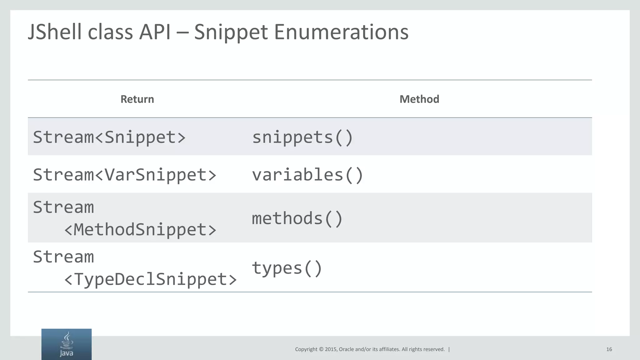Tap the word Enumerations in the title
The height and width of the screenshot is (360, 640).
coord(341,32)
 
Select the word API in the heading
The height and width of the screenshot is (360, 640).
coord(155,32)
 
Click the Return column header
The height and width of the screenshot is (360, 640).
coord(137,99)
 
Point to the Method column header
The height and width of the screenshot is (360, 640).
coord(419,99)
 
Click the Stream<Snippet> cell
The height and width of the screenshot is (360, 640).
coord(109,137)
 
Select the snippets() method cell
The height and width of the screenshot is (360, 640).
coord(302,137)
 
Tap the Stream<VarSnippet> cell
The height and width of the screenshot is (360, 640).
coord(125,174)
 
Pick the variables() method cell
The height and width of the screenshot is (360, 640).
coord(307,174)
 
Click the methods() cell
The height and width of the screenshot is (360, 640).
coord(297,218)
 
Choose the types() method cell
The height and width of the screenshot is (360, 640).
coord(287,268)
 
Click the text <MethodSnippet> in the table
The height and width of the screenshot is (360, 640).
coord(140,229)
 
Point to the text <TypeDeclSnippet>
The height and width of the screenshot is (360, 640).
coord(150,279)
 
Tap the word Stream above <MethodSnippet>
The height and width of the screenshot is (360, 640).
coord(63,207)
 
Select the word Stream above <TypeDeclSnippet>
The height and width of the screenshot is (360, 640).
coord(63,257)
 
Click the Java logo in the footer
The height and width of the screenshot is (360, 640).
coord(67,344)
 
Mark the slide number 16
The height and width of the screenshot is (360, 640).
coord(609,349)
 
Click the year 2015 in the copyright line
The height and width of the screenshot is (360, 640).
coord(331,349)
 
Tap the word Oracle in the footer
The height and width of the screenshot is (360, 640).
coord(346,349)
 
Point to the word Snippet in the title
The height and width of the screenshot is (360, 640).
coord(231,32)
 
